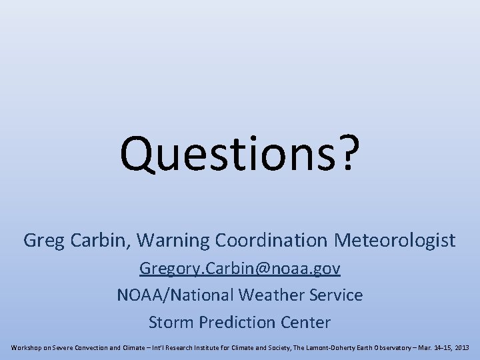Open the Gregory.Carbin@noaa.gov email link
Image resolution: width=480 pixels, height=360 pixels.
point(240,268)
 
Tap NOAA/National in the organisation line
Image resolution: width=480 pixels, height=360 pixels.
point(166,295)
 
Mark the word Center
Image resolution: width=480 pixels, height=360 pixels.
point(304,323)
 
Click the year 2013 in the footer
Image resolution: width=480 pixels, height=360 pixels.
point(461,348)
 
